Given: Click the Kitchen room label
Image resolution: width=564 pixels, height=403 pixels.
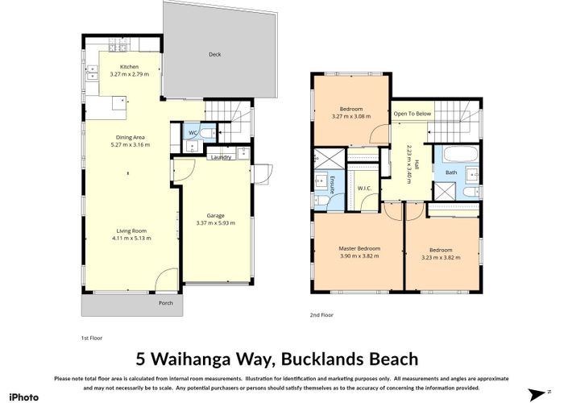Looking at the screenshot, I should coord(130,67).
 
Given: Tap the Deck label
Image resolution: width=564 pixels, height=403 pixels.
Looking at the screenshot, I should coord(214,55).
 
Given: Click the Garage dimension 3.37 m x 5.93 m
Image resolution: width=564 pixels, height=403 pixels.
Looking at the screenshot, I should coord(215,222).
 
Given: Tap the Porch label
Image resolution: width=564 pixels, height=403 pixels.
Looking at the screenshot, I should coord(166,303).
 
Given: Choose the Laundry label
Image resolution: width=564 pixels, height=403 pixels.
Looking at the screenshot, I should coord(221,157).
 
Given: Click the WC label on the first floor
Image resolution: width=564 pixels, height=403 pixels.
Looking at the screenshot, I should coord(193,132).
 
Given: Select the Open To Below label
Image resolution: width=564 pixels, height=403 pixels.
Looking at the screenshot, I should coord(413,114).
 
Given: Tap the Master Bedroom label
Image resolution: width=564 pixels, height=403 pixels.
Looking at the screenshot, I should coord(359,248).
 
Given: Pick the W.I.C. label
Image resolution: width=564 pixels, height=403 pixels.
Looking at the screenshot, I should coord(363,190).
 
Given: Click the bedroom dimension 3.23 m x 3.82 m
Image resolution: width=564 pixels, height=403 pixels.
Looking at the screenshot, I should coord(440,256).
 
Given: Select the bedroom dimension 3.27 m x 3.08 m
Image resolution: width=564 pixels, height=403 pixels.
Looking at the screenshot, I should coord(351,116).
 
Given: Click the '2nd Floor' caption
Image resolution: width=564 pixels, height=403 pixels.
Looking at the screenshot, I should coord(321,315).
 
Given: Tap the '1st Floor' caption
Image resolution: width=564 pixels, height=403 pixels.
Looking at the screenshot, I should coord(92,338).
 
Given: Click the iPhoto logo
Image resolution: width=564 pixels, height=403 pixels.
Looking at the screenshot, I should coord(23,396).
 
